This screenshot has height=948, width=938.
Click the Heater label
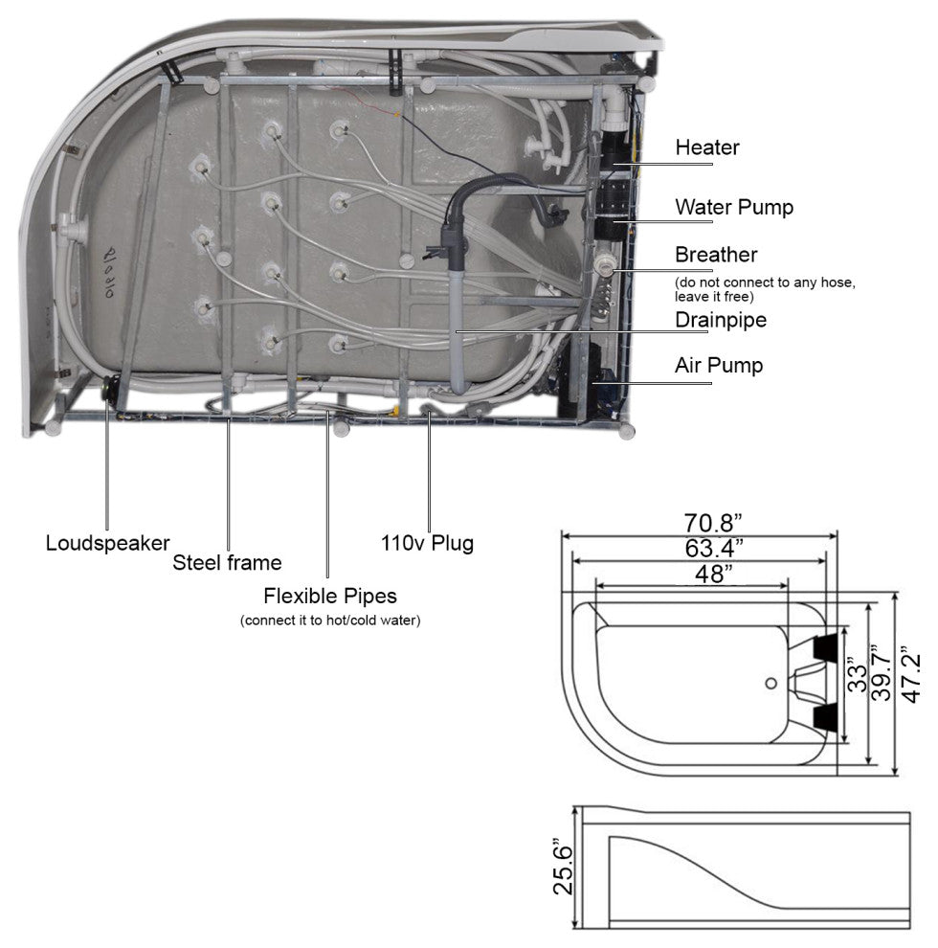click(x=707, y=147)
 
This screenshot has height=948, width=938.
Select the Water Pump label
click(x=734, y=207)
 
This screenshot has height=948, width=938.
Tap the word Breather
click(x=716, y=255)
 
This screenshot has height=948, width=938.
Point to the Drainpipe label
click(x=721, y=320)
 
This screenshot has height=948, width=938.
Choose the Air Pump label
click(x=719, y=365)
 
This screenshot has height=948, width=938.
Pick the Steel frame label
click(x=227, y=562)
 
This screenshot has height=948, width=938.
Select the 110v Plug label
click(x=427, y=543)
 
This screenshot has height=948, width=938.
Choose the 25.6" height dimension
click(x=563, y=869)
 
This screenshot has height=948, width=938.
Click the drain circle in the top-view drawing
click(x=771, y=684)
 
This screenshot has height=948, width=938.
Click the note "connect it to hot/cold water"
click(x=330, y=621)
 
